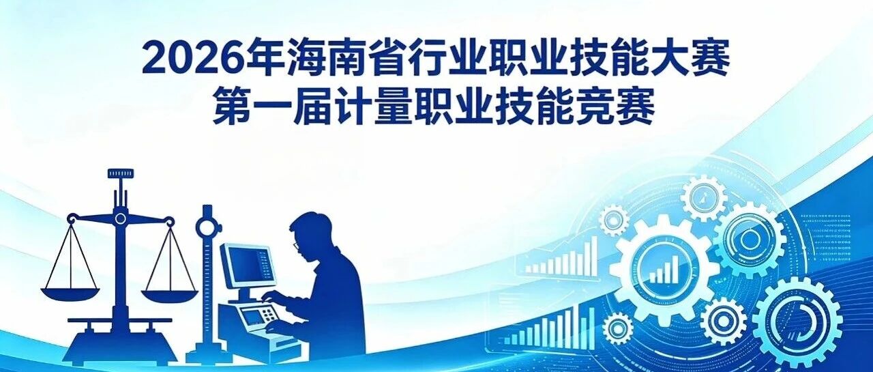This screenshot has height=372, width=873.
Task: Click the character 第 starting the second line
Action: point(233,106)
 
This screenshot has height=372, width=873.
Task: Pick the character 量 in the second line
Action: point(394,106)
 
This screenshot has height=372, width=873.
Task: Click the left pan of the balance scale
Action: point(70,294)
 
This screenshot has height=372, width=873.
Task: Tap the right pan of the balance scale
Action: point(170,296)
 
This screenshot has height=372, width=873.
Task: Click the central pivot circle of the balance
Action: point(121,218)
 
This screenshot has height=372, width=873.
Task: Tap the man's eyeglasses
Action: point(296,245)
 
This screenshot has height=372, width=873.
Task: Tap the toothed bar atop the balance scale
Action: point(121,173)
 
